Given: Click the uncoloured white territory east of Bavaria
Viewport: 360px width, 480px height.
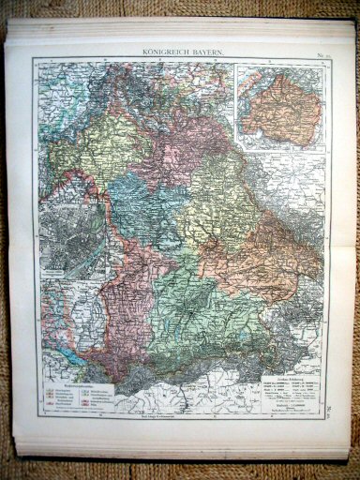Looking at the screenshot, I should pos(300,187).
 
